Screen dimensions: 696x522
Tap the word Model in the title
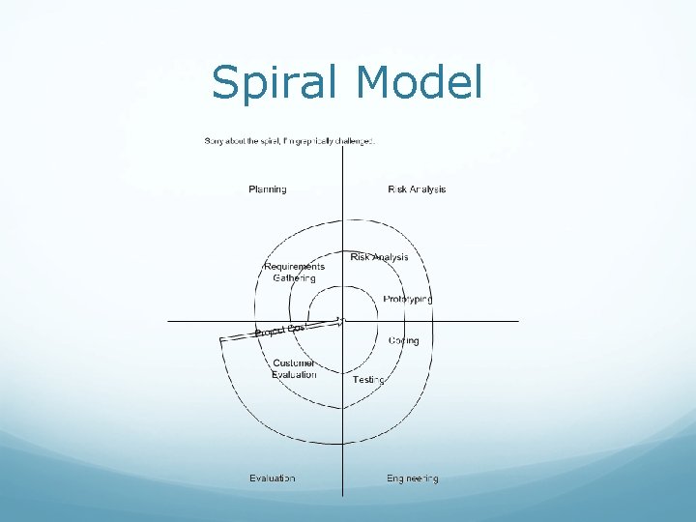point(419,82)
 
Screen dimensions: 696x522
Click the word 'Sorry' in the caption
point(216,141)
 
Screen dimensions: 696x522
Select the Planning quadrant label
point(268,189)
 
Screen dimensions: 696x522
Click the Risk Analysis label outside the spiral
point(417,189)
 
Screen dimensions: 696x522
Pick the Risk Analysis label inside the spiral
point(379,257)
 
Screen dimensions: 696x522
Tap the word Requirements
point(295,267)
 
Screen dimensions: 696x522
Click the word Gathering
point(294,278)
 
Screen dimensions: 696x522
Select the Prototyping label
point(407,300)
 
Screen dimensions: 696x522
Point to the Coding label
point(403,340)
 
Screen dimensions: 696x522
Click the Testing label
point(368,380)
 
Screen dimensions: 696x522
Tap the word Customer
point(294,363)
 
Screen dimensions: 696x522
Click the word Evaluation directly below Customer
point(294,375)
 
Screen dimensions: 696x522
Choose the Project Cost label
point(280,331)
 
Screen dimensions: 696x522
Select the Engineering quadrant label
point(413,478)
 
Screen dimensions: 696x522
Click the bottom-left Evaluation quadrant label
point(273,478)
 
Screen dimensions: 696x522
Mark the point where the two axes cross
point(342,321)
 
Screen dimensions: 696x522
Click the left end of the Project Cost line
point(222,339)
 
